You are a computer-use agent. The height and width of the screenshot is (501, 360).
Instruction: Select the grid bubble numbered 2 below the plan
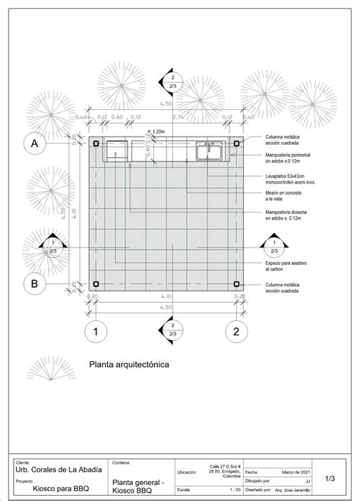(x=236, y=331)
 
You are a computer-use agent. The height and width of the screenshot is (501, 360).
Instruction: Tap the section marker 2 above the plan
(x=172, y=82)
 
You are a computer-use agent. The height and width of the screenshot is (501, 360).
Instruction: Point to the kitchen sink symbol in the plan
(x=210, y=151)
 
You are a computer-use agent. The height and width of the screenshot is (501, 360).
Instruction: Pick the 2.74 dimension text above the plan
(x=178, y=118)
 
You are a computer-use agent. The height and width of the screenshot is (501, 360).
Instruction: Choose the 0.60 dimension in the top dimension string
(x=116, y=118)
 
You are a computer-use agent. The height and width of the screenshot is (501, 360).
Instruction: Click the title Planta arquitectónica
(x=129, y=364)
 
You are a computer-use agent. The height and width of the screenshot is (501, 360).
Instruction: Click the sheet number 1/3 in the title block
(x=330, y=479)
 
